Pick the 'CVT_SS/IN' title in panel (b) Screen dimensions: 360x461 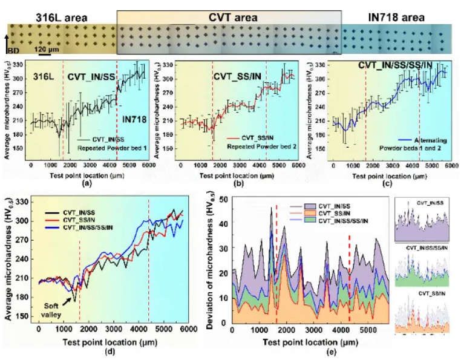point(236,76)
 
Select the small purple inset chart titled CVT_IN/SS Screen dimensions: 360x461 point(422,218)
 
